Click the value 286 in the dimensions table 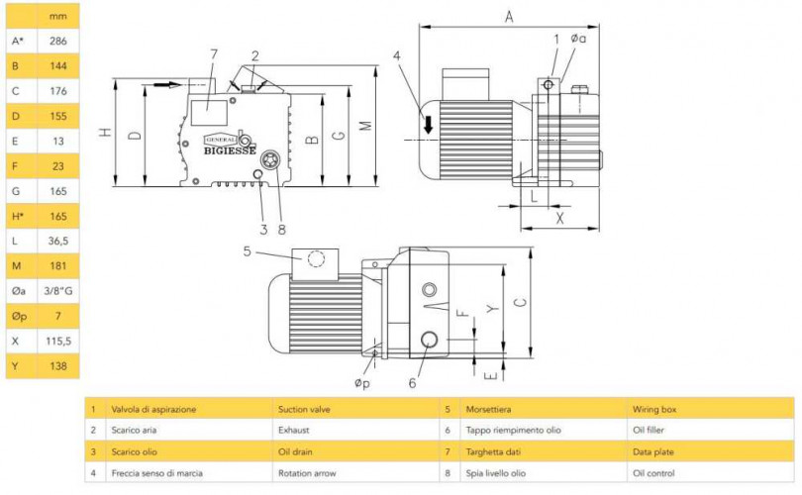pyautogui.click(x=58, y=42)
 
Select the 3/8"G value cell pyautogui.click(x=58, y=291)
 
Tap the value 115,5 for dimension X pyautogui.click(x=58, y=341)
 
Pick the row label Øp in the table pyautogui.click(x=17, y=316)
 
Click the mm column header pyautogui.click(x=58, y=17)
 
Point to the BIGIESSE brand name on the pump pyautogui.click(x=230, y=152)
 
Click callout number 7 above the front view pyautogui.click(x=213, y=52)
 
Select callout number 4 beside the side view pyautogui.click(x=397, y=56)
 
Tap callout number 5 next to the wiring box pyautogui.click(x=248, y=252)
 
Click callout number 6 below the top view pyautogui.click(x=413, y=383)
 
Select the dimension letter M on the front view pyautogui.click(x=363, y=126)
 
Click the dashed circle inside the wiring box pyautogui.click(x=316, y=259)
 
